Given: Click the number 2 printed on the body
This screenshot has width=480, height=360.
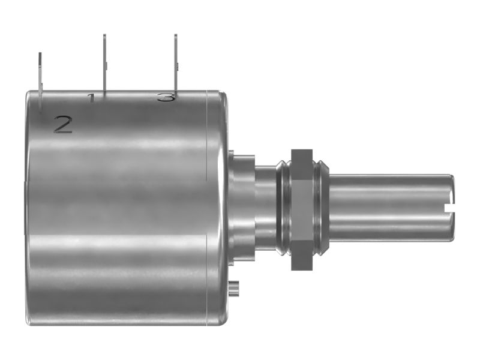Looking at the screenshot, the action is [64, 124].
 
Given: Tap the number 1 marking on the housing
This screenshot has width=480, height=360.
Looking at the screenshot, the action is [91, 98].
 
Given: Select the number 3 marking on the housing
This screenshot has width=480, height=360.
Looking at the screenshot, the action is [166, 97].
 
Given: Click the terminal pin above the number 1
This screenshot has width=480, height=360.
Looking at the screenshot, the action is [104, 63].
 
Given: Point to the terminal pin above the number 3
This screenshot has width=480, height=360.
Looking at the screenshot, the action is [176, 63].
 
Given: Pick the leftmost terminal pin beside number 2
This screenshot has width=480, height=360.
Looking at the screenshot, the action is [40, 81].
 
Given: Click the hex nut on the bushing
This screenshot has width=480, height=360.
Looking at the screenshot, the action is [302, 209].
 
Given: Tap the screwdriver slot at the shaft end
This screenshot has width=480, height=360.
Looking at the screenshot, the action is [448, 208].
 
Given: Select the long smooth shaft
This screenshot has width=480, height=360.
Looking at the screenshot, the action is [391, 208].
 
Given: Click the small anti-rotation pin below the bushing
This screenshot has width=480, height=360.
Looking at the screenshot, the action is [234, 289].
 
